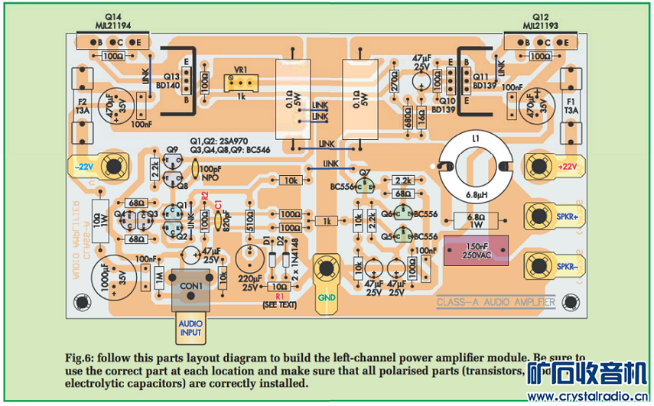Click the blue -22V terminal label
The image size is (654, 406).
pyautogui.click(x=83, y=166)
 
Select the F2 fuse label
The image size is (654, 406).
pyautogui.click(x=82, y=106)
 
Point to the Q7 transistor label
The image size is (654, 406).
pyautogui.click(x=364, y=173)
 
